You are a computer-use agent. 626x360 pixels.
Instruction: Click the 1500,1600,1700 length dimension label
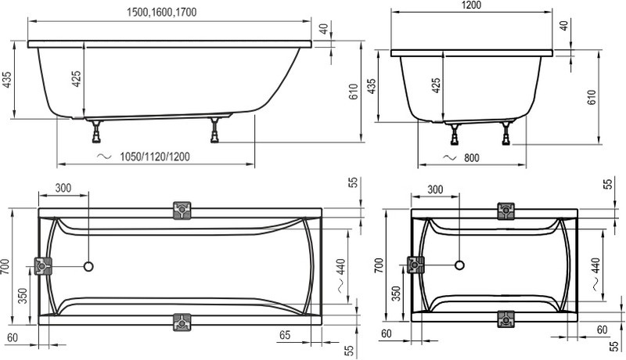point(162,13)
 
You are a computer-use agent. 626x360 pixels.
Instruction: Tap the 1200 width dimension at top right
point(471,5)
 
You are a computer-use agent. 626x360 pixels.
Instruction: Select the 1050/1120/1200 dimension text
point(155,157)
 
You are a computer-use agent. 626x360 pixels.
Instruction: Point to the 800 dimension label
point(472,158)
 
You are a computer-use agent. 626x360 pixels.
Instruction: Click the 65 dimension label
point(285,335)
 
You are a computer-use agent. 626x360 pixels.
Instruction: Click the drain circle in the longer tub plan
point(88,266)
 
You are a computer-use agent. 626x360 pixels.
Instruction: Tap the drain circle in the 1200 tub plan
point(460,265)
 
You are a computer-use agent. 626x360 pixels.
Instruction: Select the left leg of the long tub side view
point(96,131)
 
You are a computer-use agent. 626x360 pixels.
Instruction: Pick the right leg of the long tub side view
point(215,130)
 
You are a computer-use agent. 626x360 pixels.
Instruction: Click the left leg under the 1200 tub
point(455,134)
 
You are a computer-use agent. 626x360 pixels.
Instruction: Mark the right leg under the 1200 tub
point(506,133)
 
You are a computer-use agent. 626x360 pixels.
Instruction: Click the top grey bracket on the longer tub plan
point(182,211)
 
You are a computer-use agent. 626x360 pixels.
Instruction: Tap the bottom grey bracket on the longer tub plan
point(182,322)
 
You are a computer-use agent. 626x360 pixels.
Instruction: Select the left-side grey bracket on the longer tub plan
point(43,266)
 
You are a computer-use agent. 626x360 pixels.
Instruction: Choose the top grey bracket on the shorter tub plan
point(505,211)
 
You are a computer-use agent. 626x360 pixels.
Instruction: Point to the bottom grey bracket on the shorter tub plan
point(505,319)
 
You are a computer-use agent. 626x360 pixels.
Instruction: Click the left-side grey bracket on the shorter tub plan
point(416,265)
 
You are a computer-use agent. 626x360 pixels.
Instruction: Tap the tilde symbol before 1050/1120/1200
point(104,157)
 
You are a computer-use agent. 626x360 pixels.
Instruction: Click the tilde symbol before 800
point(449,157)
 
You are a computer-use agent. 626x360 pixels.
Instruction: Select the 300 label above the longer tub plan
point(63,188)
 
